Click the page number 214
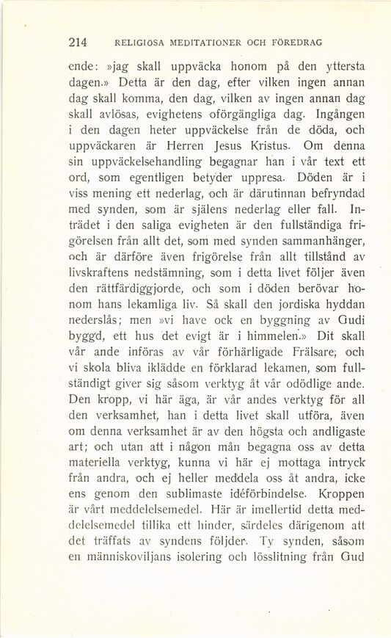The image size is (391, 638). click(77, 42)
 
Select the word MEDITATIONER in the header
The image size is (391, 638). click(186, 42)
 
